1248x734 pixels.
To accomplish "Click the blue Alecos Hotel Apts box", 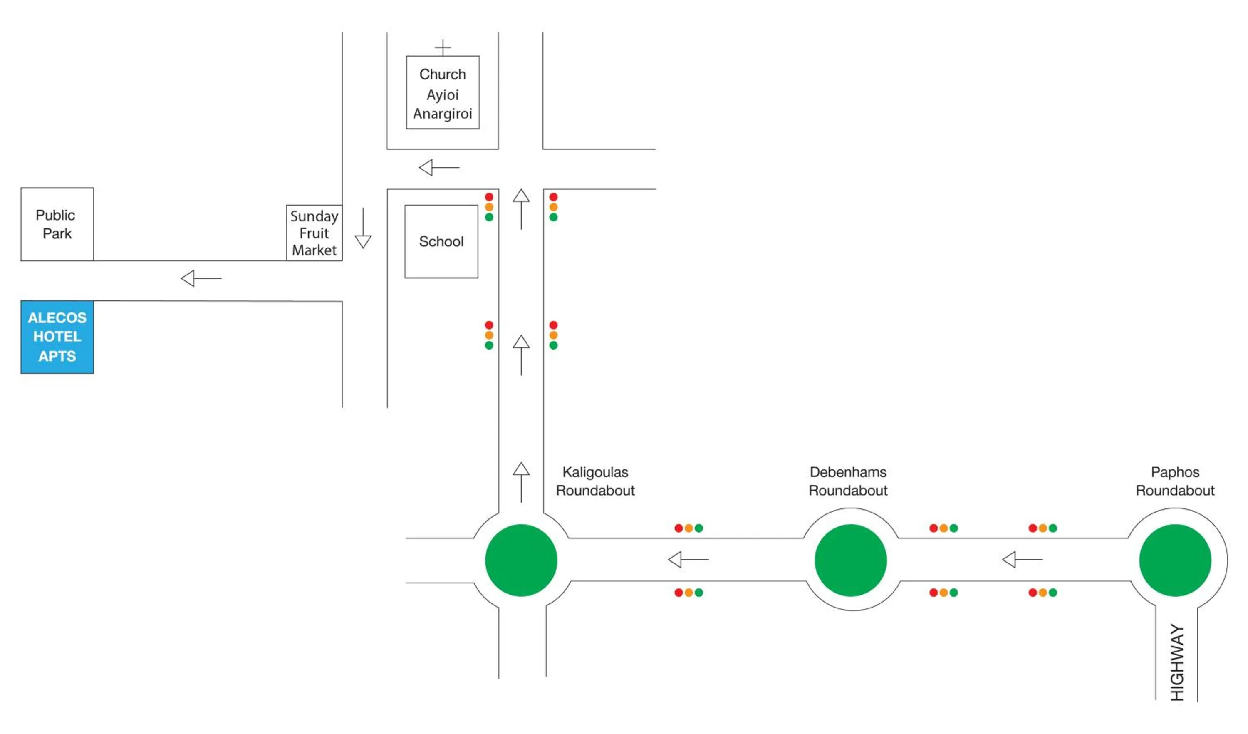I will click(x=57, y=337).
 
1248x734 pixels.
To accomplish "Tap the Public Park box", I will click(x=57, y=224).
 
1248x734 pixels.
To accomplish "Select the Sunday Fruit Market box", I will click(x=314, y=233).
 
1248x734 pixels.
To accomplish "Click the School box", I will click(x=441, y=241).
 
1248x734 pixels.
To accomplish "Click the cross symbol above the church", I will click(x=443, y=47).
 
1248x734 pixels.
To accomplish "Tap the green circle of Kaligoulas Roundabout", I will click(x=521, y=560).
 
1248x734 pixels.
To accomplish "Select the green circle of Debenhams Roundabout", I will click(x=851, y=560).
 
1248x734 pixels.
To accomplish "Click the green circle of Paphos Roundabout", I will click(x=1175, y=560).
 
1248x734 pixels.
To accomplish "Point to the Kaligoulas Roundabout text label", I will click(x=595, y=481).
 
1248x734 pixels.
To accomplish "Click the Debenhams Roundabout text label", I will click(x=848, y=481).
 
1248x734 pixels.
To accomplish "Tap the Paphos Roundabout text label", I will click(x=1175, y=481).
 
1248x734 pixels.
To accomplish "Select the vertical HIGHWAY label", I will click(x=1177, y=662).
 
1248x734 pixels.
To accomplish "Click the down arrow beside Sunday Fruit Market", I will click(x=363, y=228).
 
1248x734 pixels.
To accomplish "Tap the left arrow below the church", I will click(x=439, y=167).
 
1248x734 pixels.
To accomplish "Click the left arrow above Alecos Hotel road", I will click(x=201, y=278).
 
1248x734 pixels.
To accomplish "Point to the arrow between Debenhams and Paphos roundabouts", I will click(x=1022, y=560).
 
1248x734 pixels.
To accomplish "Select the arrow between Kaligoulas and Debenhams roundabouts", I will click(x=688, y=560).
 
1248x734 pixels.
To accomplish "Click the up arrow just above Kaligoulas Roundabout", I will click(x=521, y=482).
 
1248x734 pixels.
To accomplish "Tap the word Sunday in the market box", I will click(x=314, y=216).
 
